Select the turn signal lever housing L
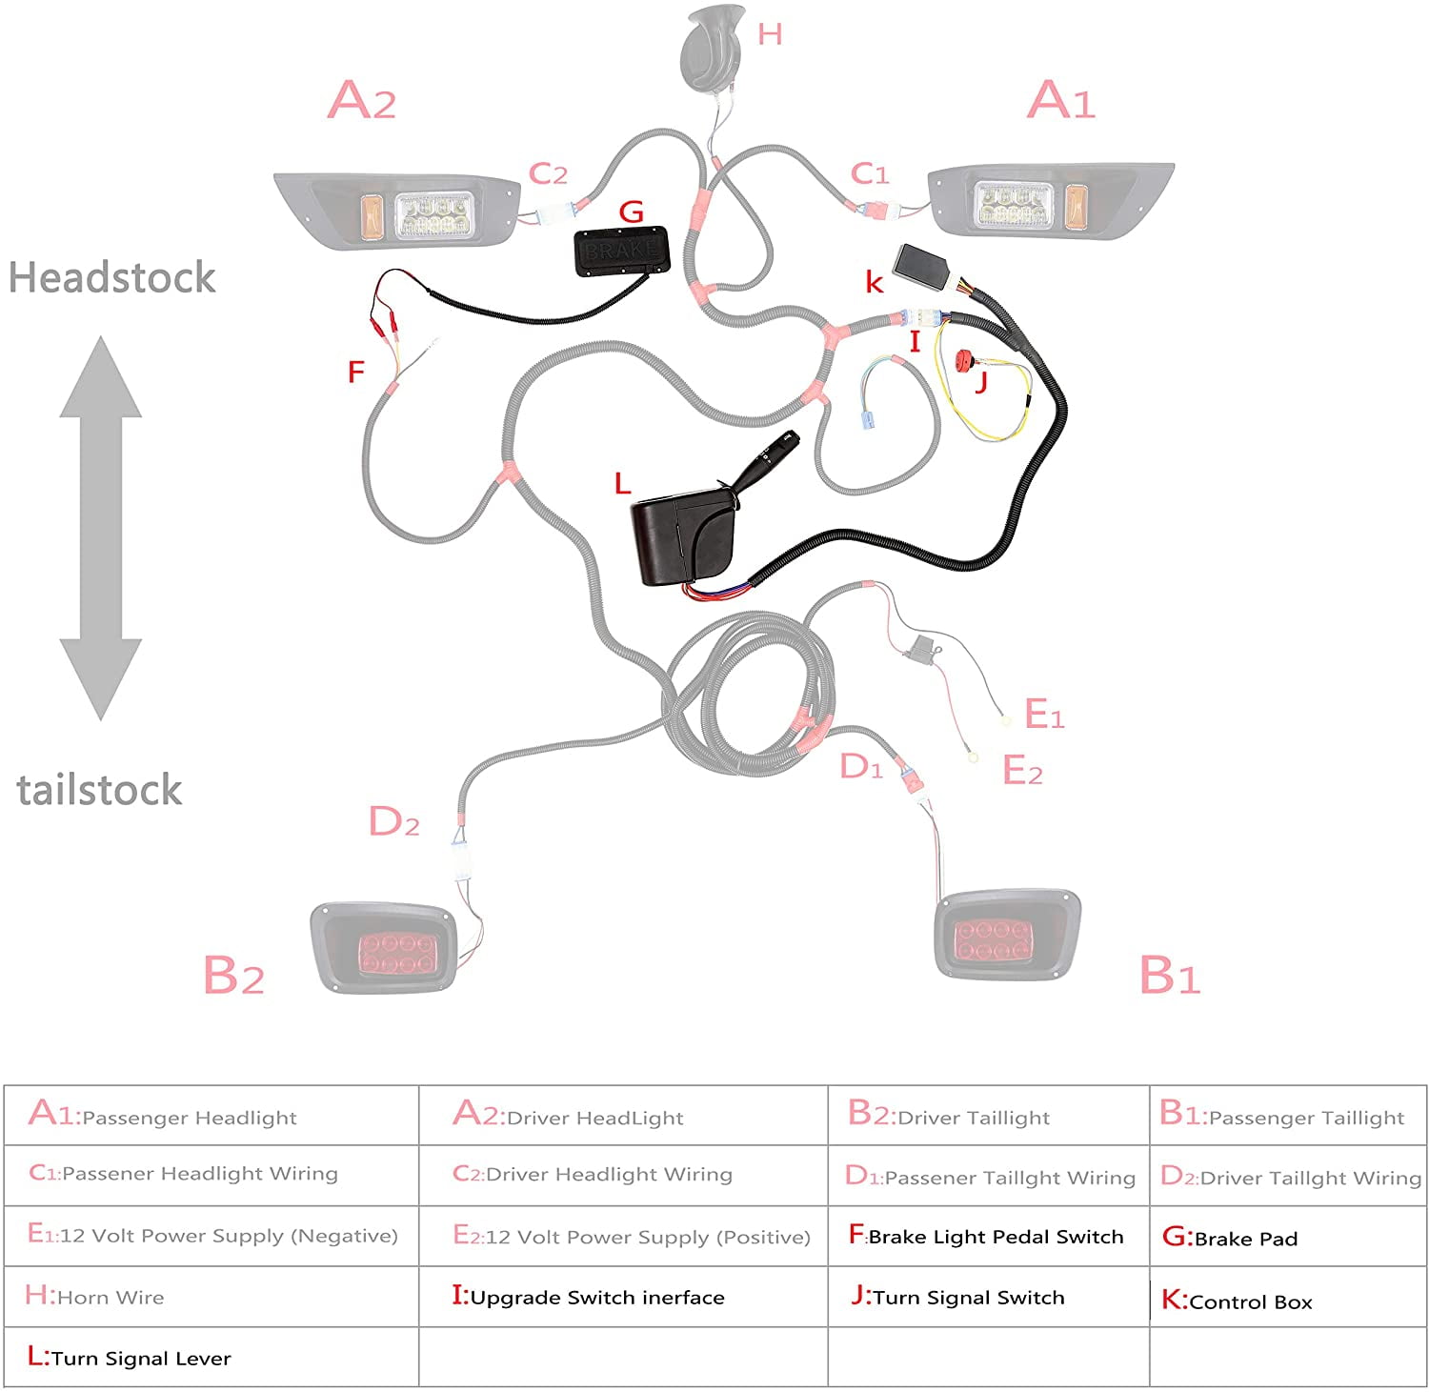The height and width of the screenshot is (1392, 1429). [x=679, y=538]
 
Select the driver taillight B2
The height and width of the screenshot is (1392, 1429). [x=386, y=947]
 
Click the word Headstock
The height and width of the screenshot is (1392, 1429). [x=111, y=278]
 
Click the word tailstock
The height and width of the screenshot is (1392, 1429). [x=99, y=791]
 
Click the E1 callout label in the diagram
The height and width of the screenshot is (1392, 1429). [x=1043, y=714]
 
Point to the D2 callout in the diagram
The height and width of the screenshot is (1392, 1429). [x=393, y=821]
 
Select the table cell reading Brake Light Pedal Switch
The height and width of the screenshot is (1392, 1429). [x=987, y=1237]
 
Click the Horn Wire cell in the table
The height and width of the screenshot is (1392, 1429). [x=95, y=1297]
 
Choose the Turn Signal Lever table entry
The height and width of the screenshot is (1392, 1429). [x=131, y=1358]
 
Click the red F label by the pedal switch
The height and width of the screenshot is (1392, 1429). [x=356, y=372]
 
